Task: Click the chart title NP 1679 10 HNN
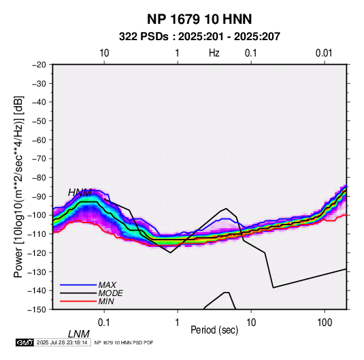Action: pyautogui.click(x=199, y=19)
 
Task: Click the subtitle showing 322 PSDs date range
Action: pyautogui.click(x=199, y=37)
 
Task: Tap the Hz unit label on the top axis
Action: pyautogui.click(x=214, y=53)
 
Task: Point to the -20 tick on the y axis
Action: pyautogui.click(x=39, y=65)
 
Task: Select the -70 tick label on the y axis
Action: pyautogui.click(x=39, y=159)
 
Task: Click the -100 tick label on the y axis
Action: pyautogui.click(x=37, y=215)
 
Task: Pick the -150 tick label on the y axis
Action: pyautogui.click(x=37, y=310)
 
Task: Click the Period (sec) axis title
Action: pyautogui.click(x=214, y=330)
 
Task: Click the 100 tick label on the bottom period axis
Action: pyautogui.click(x=325, y=323)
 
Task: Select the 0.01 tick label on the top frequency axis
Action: pyautogui.click(x=324, y=53)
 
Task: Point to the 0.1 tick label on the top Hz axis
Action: pyautogui.click(x=251, y=53)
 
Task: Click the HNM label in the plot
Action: pyautogui.click(x=80, y=193)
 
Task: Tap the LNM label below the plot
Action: pyautogui.click(x=79, y=334)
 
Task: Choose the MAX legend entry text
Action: pyautogui.click(x=107, y=285)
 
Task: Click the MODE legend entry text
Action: pyautogui.click(x=110, y=293)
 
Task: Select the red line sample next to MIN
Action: pyautogui.click(x=78, y=301)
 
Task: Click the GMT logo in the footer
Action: pyautogui.click(x=24, y=342)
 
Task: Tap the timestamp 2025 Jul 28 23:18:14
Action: pyautogui.click(x=62, y=342)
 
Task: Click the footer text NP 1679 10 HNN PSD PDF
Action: pyautogui.click(x=124, y=342)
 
